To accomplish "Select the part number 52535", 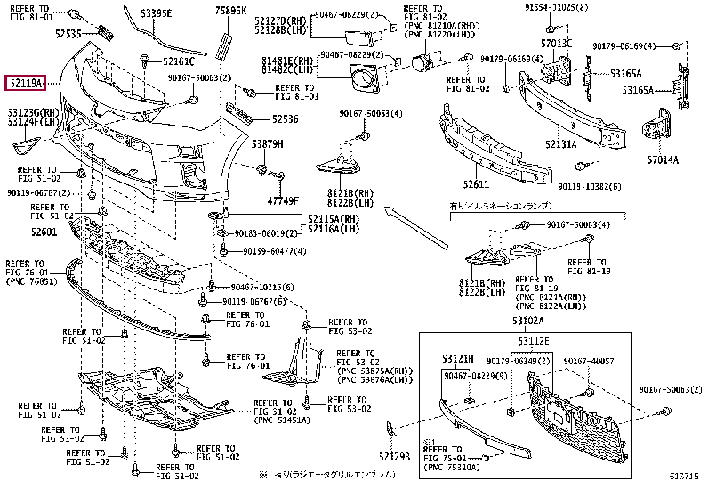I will [x=67, y=33].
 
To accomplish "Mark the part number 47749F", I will [x=286, y=200].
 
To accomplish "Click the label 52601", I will [x=44, y=232].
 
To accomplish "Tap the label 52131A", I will [x=561, y=143].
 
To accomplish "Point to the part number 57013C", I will [x=556, y=43].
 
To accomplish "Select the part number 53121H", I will [x=456, y=359].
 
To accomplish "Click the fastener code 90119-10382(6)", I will [x=589, y=187].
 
